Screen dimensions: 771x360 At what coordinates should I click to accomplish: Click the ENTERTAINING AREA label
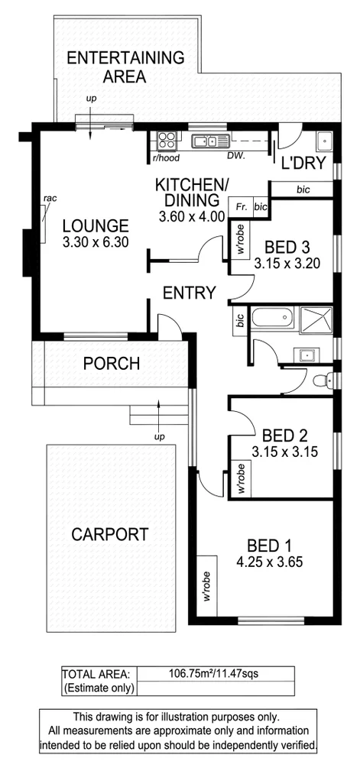pos(125,66)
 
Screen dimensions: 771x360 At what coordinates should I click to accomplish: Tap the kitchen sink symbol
pos(207,141)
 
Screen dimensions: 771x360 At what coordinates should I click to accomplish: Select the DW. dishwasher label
pos(235,156)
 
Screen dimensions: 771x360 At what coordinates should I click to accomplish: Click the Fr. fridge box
pos(241,206)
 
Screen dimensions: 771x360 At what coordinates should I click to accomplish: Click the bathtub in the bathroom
pos(273,319)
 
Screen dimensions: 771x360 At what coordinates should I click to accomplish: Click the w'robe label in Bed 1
pos(207,586)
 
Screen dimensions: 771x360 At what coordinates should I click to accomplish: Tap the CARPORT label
pos(110,534)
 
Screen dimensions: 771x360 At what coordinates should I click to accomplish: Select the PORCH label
pos(112,364)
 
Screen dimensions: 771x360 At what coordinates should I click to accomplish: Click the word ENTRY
pos(189,293)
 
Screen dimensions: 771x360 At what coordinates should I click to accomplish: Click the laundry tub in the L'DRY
pos(324,141)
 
